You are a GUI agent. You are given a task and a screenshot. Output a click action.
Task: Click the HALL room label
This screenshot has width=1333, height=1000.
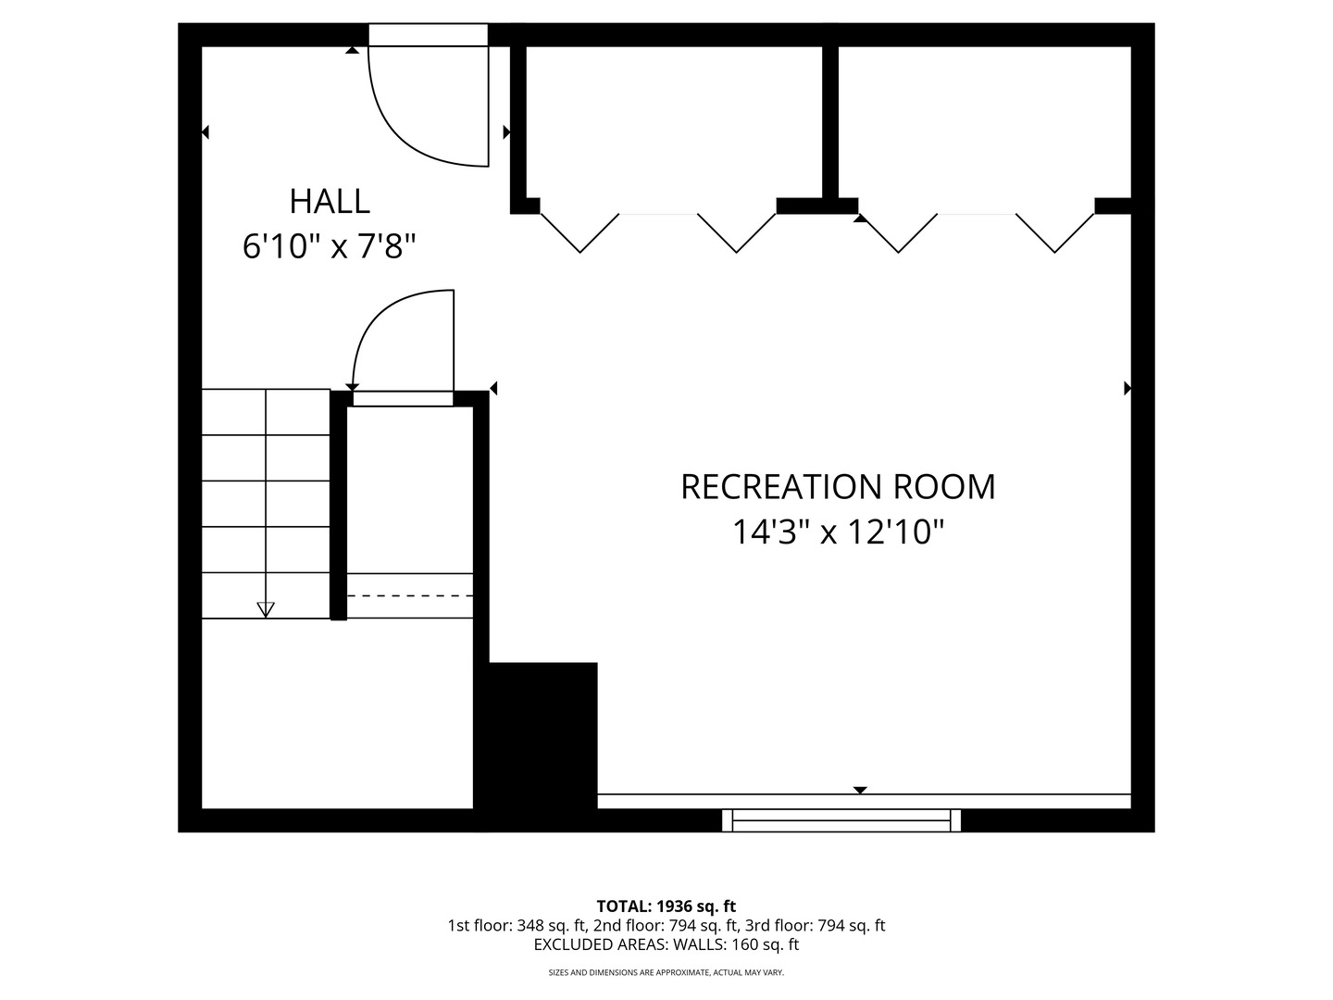[x=330, y=201]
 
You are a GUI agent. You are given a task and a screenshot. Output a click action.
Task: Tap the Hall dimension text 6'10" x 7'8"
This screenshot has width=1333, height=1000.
[x=330, y=246]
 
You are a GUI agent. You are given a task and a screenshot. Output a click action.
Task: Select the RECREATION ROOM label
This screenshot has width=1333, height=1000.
[x=838, y=487]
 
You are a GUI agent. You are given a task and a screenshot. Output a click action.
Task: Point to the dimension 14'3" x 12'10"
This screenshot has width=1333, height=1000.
[x=838, y=532]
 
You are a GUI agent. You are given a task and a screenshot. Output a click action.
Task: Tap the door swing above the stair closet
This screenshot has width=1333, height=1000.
[x=404, y=343]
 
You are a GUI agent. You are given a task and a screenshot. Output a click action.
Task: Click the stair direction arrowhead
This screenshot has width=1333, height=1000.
[x=266, y=609]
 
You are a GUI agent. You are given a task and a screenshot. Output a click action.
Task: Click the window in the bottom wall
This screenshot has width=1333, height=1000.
[x=841, y=820]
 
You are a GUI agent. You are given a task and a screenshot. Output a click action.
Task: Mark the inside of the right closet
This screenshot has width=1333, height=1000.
[x=984, y=120]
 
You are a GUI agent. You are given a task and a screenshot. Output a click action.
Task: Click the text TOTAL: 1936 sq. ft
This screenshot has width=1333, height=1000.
[x=666, y=906]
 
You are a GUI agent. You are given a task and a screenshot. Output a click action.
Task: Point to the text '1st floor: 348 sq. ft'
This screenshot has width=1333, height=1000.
[x=517, y=925]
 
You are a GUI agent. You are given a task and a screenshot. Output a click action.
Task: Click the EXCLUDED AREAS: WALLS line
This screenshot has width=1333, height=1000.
[x=666, y=944]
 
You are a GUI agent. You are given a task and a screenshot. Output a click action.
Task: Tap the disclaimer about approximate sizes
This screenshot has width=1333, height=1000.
[x=666, y=972]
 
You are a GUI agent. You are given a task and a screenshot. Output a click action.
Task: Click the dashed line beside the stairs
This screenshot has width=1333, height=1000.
[x=410, y=595]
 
